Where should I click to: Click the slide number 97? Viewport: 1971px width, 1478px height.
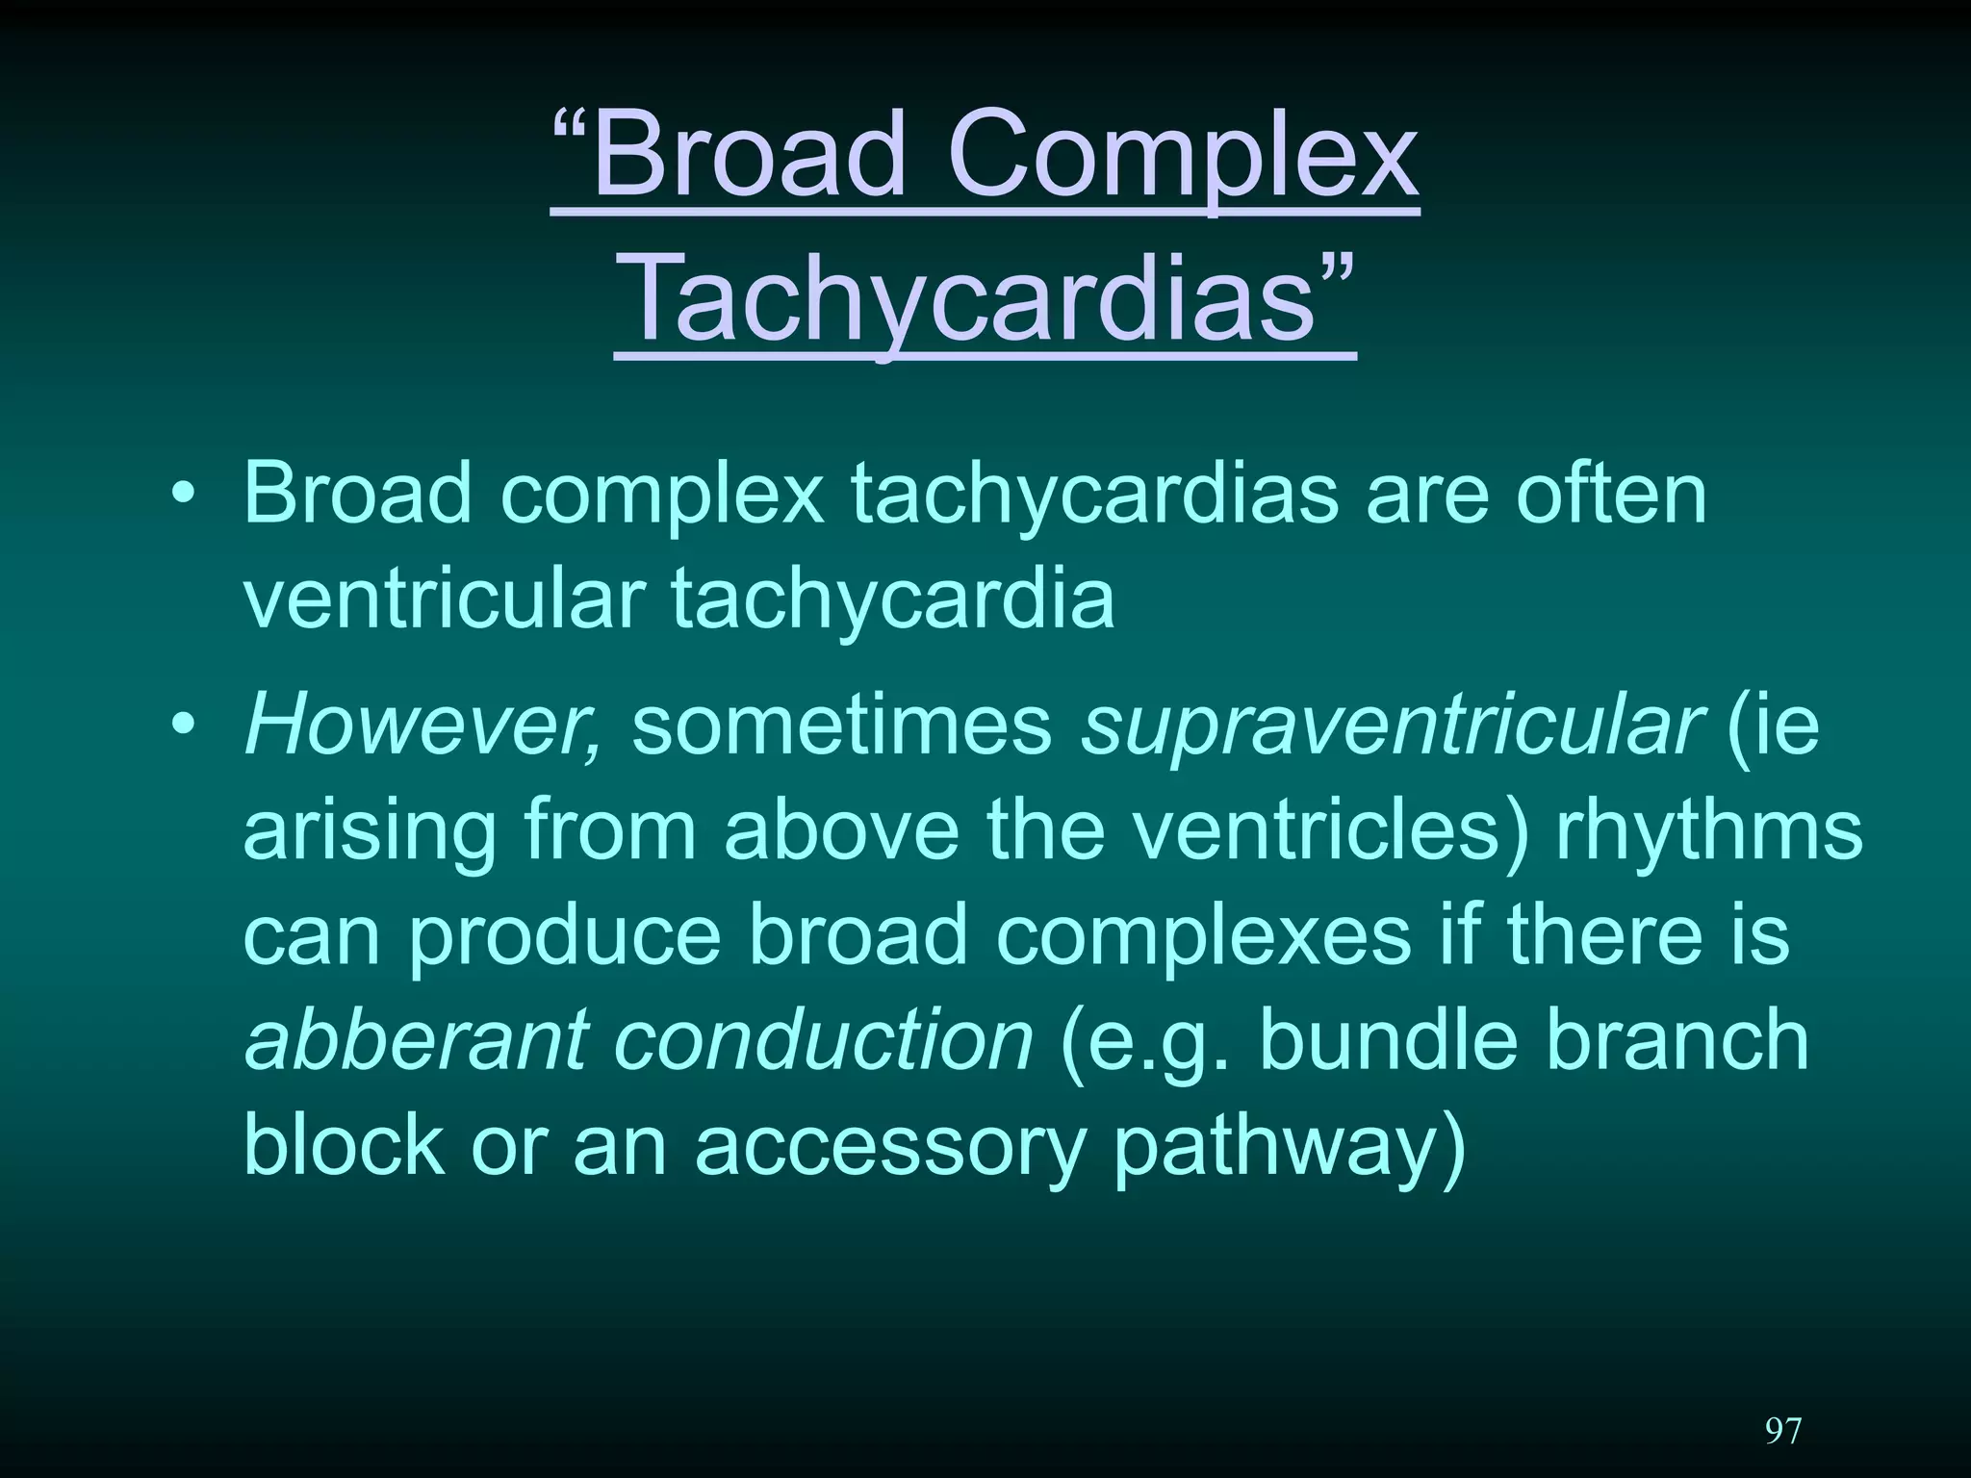tap(1782, 1431)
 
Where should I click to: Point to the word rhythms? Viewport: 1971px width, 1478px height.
tap(1709, 833)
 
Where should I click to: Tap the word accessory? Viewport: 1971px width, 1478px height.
tap(890, 1148)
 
